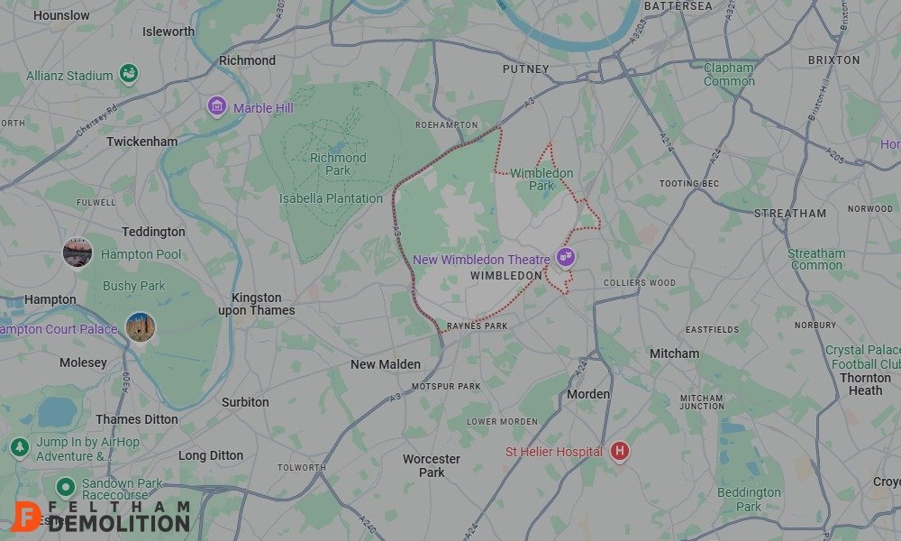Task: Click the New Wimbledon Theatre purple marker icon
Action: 566,257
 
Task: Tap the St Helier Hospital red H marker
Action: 620,451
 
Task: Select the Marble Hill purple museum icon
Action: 216,107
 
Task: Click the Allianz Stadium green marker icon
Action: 129,74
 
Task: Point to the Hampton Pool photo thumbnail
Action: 77,252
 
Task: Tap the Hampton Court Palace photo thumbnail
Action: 141,326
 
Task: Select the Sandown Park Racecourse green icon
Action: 64,489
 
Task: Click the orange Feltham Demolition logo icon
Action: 29,516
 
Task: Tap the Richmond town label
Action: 248,60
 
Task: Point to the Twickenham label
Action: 142,142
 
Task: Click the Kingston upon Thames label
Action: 257,304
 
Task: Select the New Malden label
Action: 386,364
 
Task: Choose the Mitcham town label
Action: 675,353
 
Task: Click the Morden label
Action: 588,394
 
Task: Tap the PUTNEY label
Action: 526,69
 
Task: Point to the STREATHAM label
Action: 790,214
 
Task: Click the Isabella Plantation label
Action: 331,198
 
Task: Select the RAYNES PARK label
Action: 477,326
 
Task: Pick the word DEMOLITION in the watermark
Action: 121,522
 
